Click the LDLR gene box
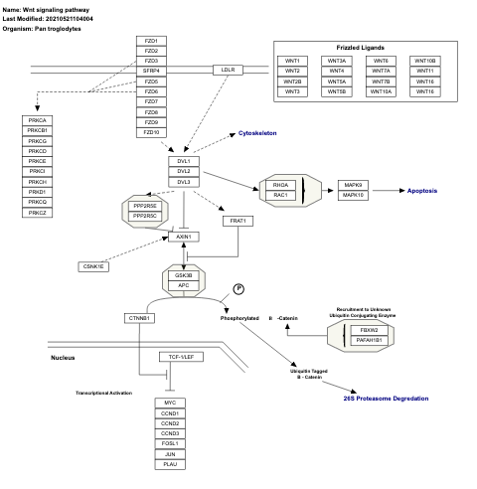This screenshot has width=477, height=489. (228, 70)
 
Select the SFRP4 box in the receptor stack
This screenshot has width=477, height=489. (151, 72)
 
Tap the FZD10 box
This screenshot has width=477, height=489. (151, 132)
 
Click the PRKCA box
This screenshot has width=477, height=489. (38, 120)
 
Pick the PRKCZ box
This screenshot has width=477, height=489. (38, 213)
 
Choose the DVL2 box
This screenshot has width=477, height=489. (183, 172)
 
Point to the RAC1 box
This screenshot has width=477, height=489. (280, 194)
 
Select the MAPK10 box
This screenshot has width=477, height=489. (354, 195)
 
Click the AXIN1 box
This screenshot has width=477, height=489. (183, 237)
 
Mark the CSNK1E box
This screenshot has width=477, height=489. (93, 266)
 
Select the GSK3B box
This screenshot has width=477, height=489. (183, 275)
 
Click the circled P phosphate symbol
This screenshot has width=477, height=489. (238, 288)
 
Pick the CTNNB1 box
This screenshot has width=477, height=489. (139, 318)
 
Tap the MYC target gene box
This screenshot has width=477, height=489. (170, 403)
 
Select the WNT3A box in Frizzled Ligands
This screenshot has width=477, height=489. (337, 62)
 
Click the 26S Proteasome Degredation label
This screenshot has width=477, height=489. (387, 398)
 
